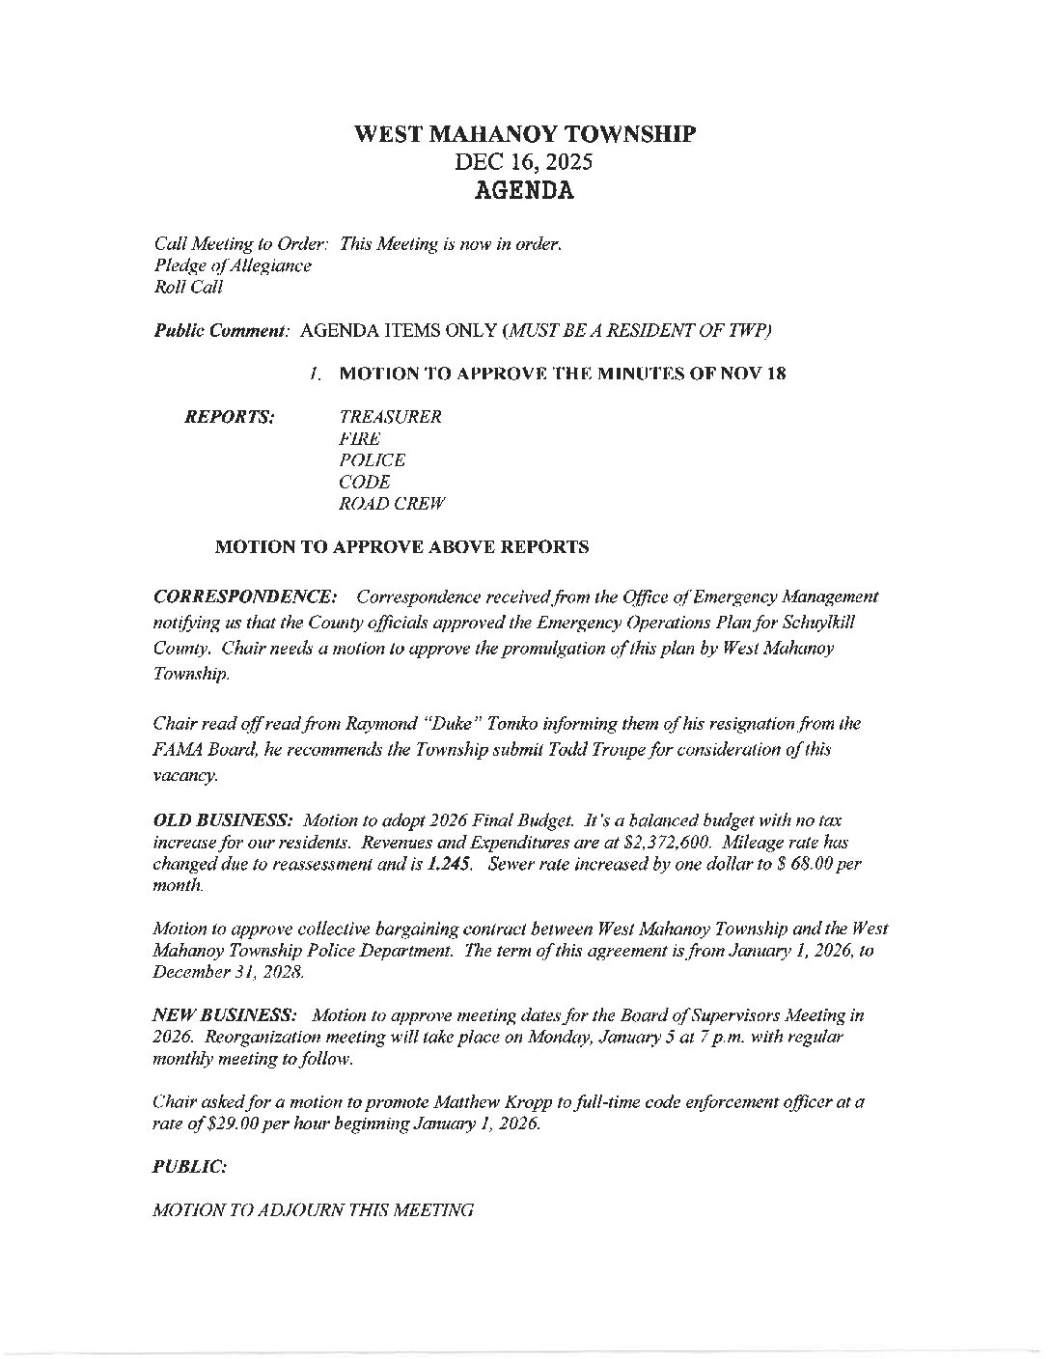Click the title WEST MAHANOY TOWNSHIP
tap(524, 134)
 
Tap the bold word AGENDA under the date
tap(524, 190)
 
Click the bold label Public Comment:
tap(223, 331)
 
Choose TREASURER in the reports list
tap(391, 417)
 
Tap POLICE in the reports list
tap(373, 460)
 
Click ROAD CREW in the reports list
tap(392, 504)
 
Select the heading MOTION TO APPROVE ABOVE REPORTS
tap(401, 547)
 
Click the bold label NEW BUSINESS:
tap(226, 1014)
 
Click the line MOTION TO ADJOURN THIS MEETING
tap(314, 1209)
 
